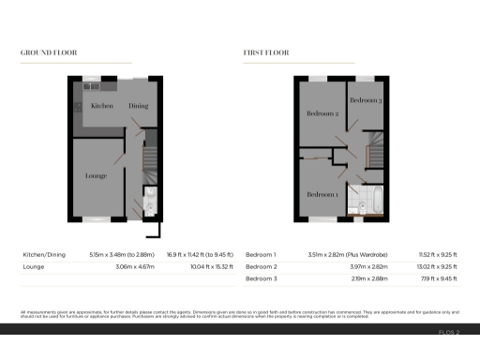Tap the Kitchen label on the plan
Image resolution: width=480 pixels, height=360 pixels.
point(102,106)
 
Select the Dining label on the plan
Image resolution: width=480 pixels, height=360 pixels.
point(139,106)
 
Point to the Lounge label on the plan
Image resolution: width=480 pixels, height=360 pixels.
point(96,175)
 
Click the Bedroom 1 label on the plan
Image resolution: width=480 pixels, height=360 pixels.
point(322,194)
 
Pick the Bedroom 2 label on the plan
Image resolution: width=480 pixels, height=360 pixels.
point(322,113)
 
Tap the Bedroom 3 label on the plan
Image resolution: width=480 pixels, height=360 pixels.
point(365,99)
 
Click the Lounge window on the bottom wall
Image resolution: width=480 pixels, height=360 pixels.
point(96,219)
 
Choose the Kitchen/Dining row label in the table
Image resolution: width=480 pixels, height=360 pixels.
point(43,254)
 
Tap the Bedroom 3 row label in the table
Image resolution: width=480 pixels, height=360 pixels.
point(262,279)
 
